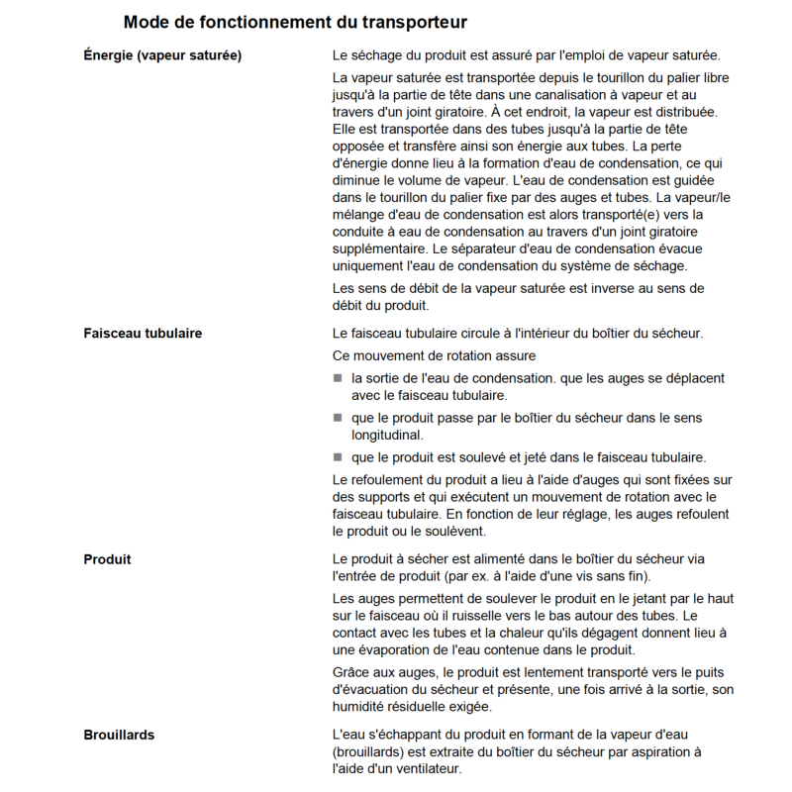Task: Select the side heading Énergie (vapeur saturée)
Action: [163, 53]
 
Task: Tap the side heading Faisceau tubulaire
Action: [143, 333]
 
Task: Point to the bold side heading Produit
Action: [108, 559]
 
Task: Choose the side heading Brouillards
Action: [119, 735]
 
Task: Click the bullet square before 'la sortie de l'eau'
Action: [338, 379]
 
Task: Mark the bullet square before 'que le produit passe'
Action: [338, 418]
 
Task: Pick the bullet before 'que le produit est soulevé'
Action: [338, 457]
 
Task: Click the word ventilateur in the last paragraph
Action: [423, 769]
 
